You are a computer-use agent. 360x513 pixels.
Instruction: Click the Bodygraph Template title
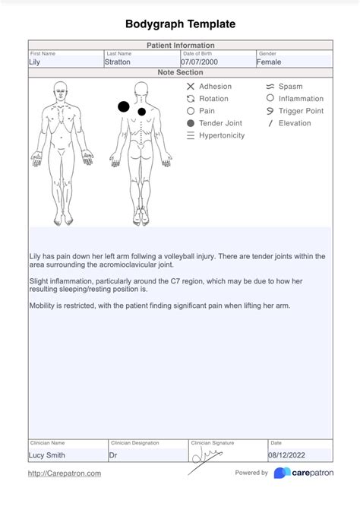click(x=180, y=24)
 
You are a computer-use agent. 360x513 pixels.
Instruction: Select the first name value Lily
click(x=35, y=62)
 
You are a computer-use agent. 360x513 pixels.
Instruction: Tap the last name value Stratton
click(x=118, y=62)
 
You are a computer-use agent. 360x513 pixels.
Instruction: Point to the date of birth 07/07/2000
click(x=200, y=62)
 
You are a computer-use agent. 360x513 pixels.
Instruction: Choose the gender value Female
click(x=269, y=62)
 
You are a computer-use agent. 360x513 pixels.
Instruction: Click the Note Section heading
click(x=180, y=73)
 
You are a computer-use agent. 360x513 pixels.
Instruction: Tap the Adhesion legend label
click(x=215, y=87)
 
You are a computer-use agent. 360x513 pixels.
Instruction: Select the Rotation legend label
click(x=213, y=99)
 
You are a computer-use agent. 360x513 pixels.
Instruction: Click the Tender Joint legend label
click(x=220, y=123)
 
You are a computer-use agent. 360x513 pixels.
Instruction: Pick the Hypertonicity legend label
click(x=222, y=135)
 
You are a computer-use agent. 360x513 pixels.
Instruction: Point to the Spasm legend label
click(x=290, y=87)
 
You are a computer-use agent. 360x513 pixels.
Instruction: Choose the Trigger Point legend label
click(x=301, y=111)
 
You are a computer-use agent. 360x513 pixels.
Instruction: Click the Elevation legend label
click(x=295, y=123)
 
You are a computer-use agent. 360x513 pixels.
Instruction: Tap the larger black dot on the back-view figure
click(x=123, y=107)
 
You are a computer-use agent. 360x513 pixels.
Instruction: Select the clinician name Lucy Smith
click(x=47, y=455)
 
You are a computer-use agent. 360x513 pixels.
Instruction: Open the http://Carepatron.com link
click(x=65, y=473)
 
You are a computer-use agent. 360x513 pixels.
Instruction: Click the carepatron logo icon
click(x=282, y=473)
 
